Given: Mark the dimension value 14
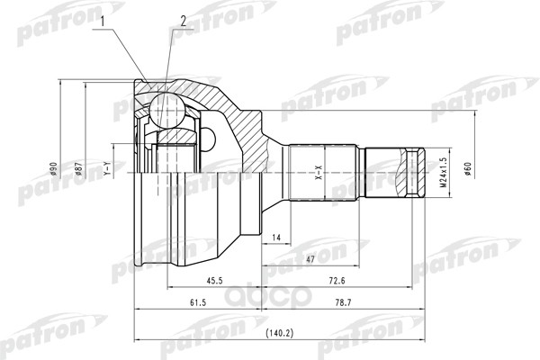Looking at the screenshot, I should pyautogui.click(x=276, y=237).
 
